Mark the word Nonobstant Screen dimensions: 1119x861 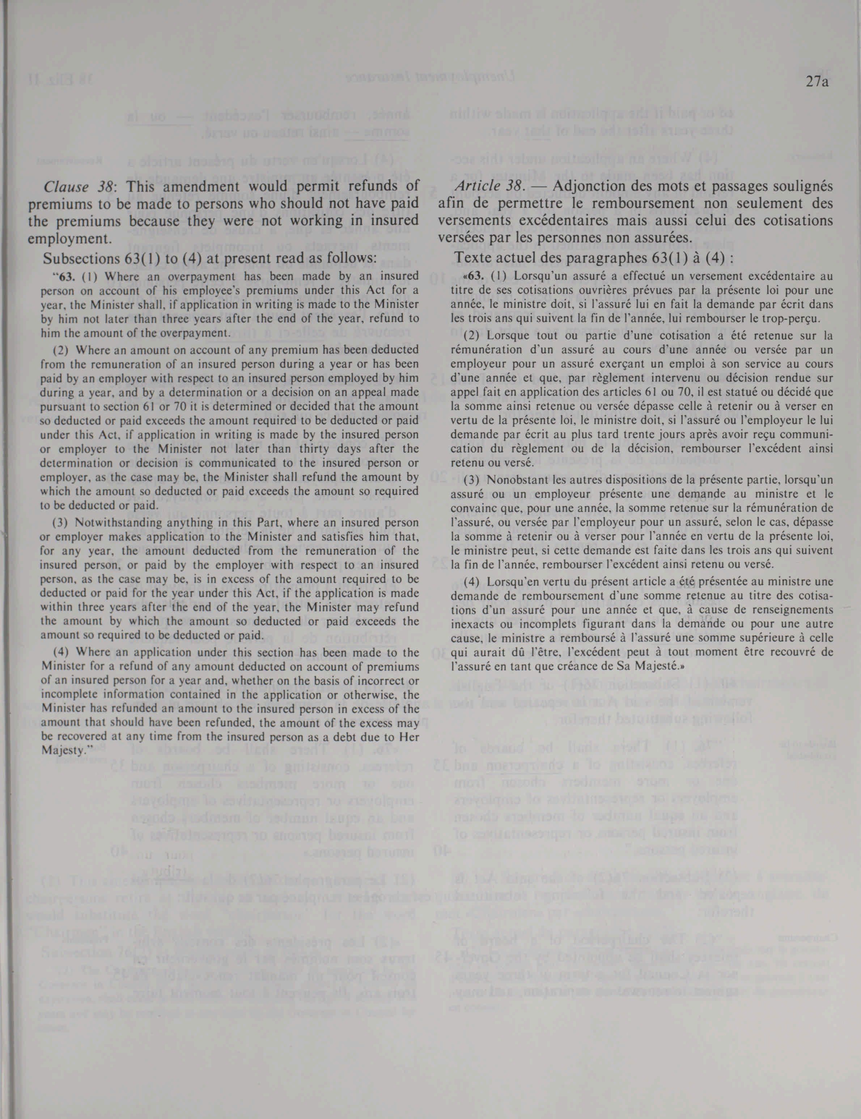[x=512, y=481]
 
